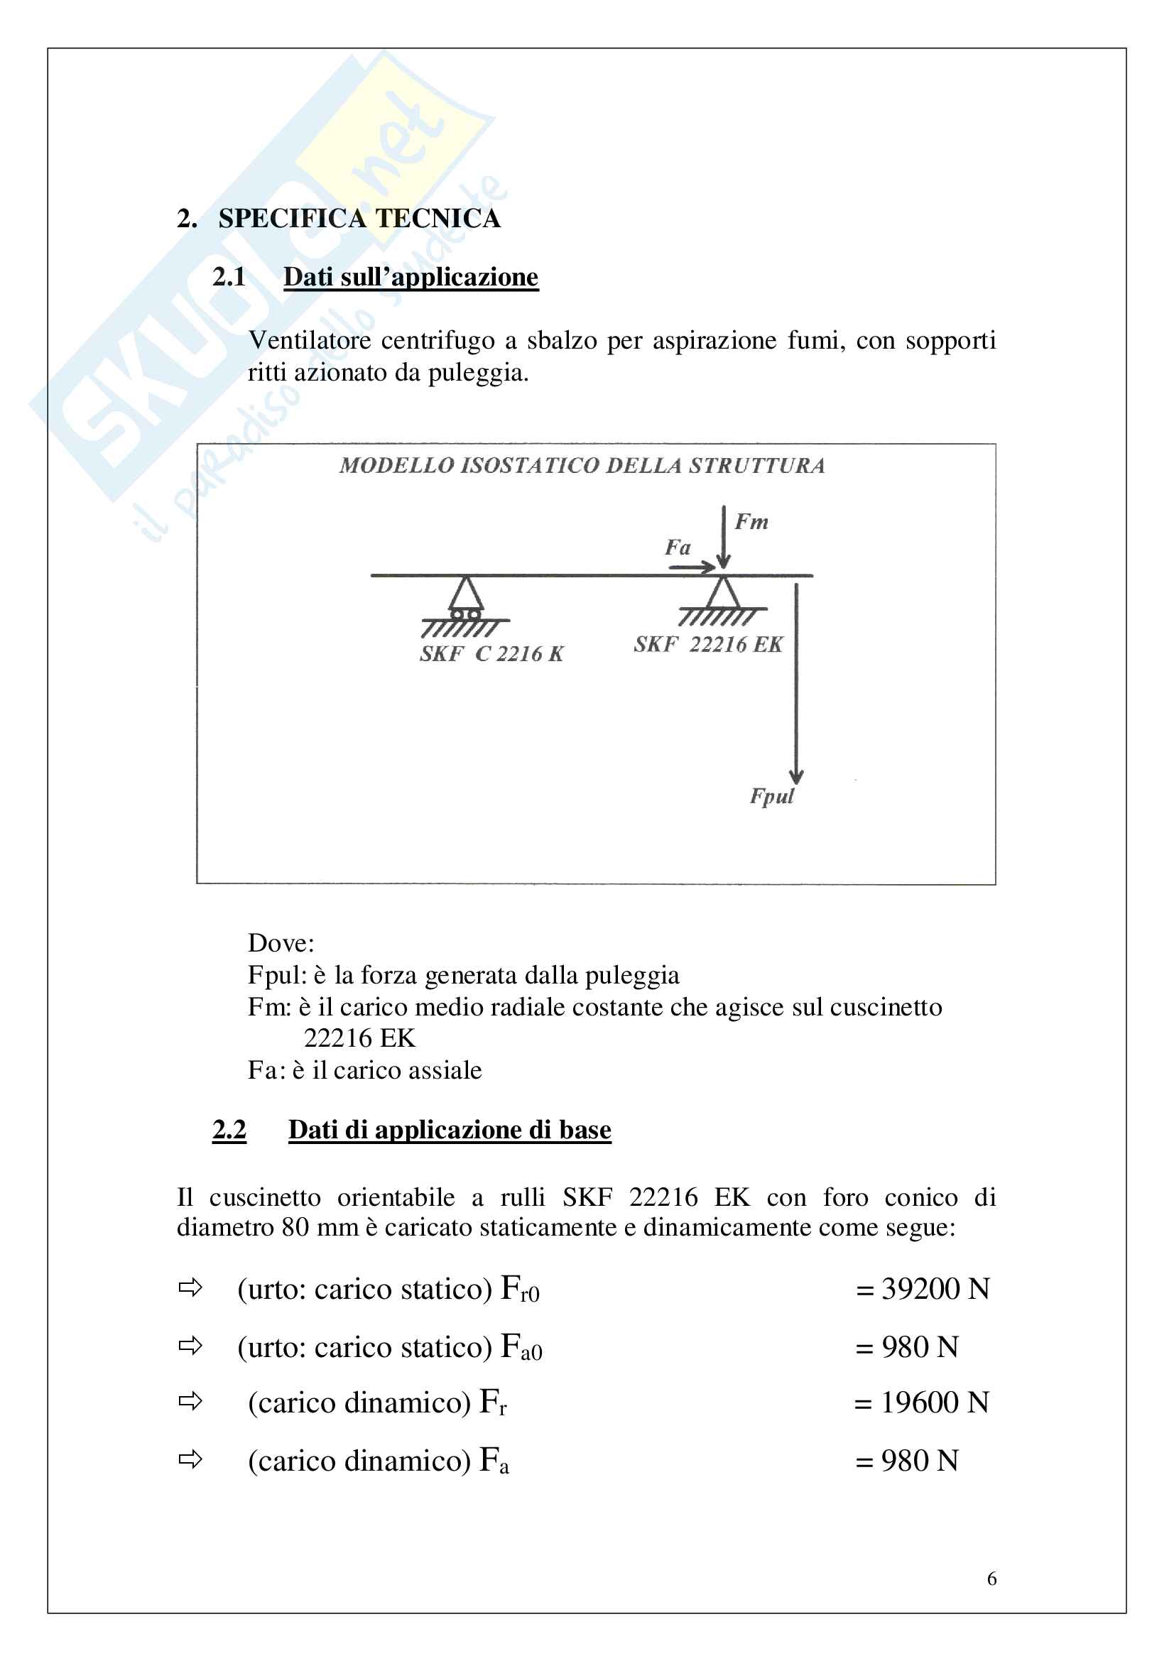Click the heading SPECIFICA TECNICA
359,219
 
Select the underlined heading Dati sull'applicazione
410,277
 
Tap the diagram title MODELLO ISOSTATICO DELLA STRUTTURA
582,465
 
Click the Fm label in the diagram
751,522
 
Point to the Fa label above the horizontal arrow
678,547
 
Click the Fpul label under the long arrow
772,796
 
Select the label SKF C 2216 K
491,654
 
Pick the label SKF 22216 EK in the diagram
708,644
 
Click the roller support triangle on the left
466,595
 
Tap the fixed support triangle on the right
722,593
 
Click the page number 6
991,1579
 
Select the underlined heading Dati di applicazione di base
449,1129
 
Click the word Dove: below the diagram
281,942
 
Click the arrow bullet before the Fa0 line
190,1346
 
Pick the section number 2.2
229,1129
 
